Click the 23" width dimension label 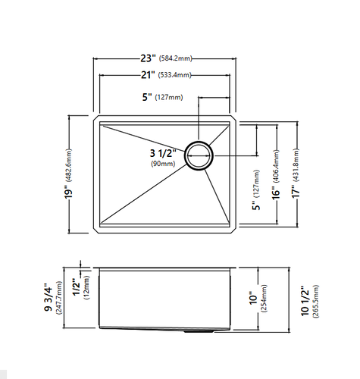coord(148,58)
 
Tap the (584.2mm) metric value coord(175,59)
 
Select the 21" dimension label coord(148,75)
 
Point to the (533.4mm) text coord(174,75)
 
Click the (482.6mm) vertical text coord(68,165)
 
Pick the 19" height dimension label coord(68,192)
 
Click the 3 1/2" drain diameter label coord(163,153)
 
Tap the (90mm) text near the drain coord(163,164)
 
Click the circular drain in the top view coord(199,155)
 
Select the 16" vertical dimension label coord(276,193)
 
